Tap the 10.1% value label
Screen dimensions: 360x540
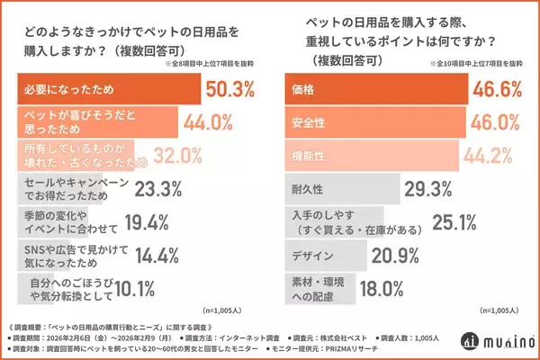click(118, 287)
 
